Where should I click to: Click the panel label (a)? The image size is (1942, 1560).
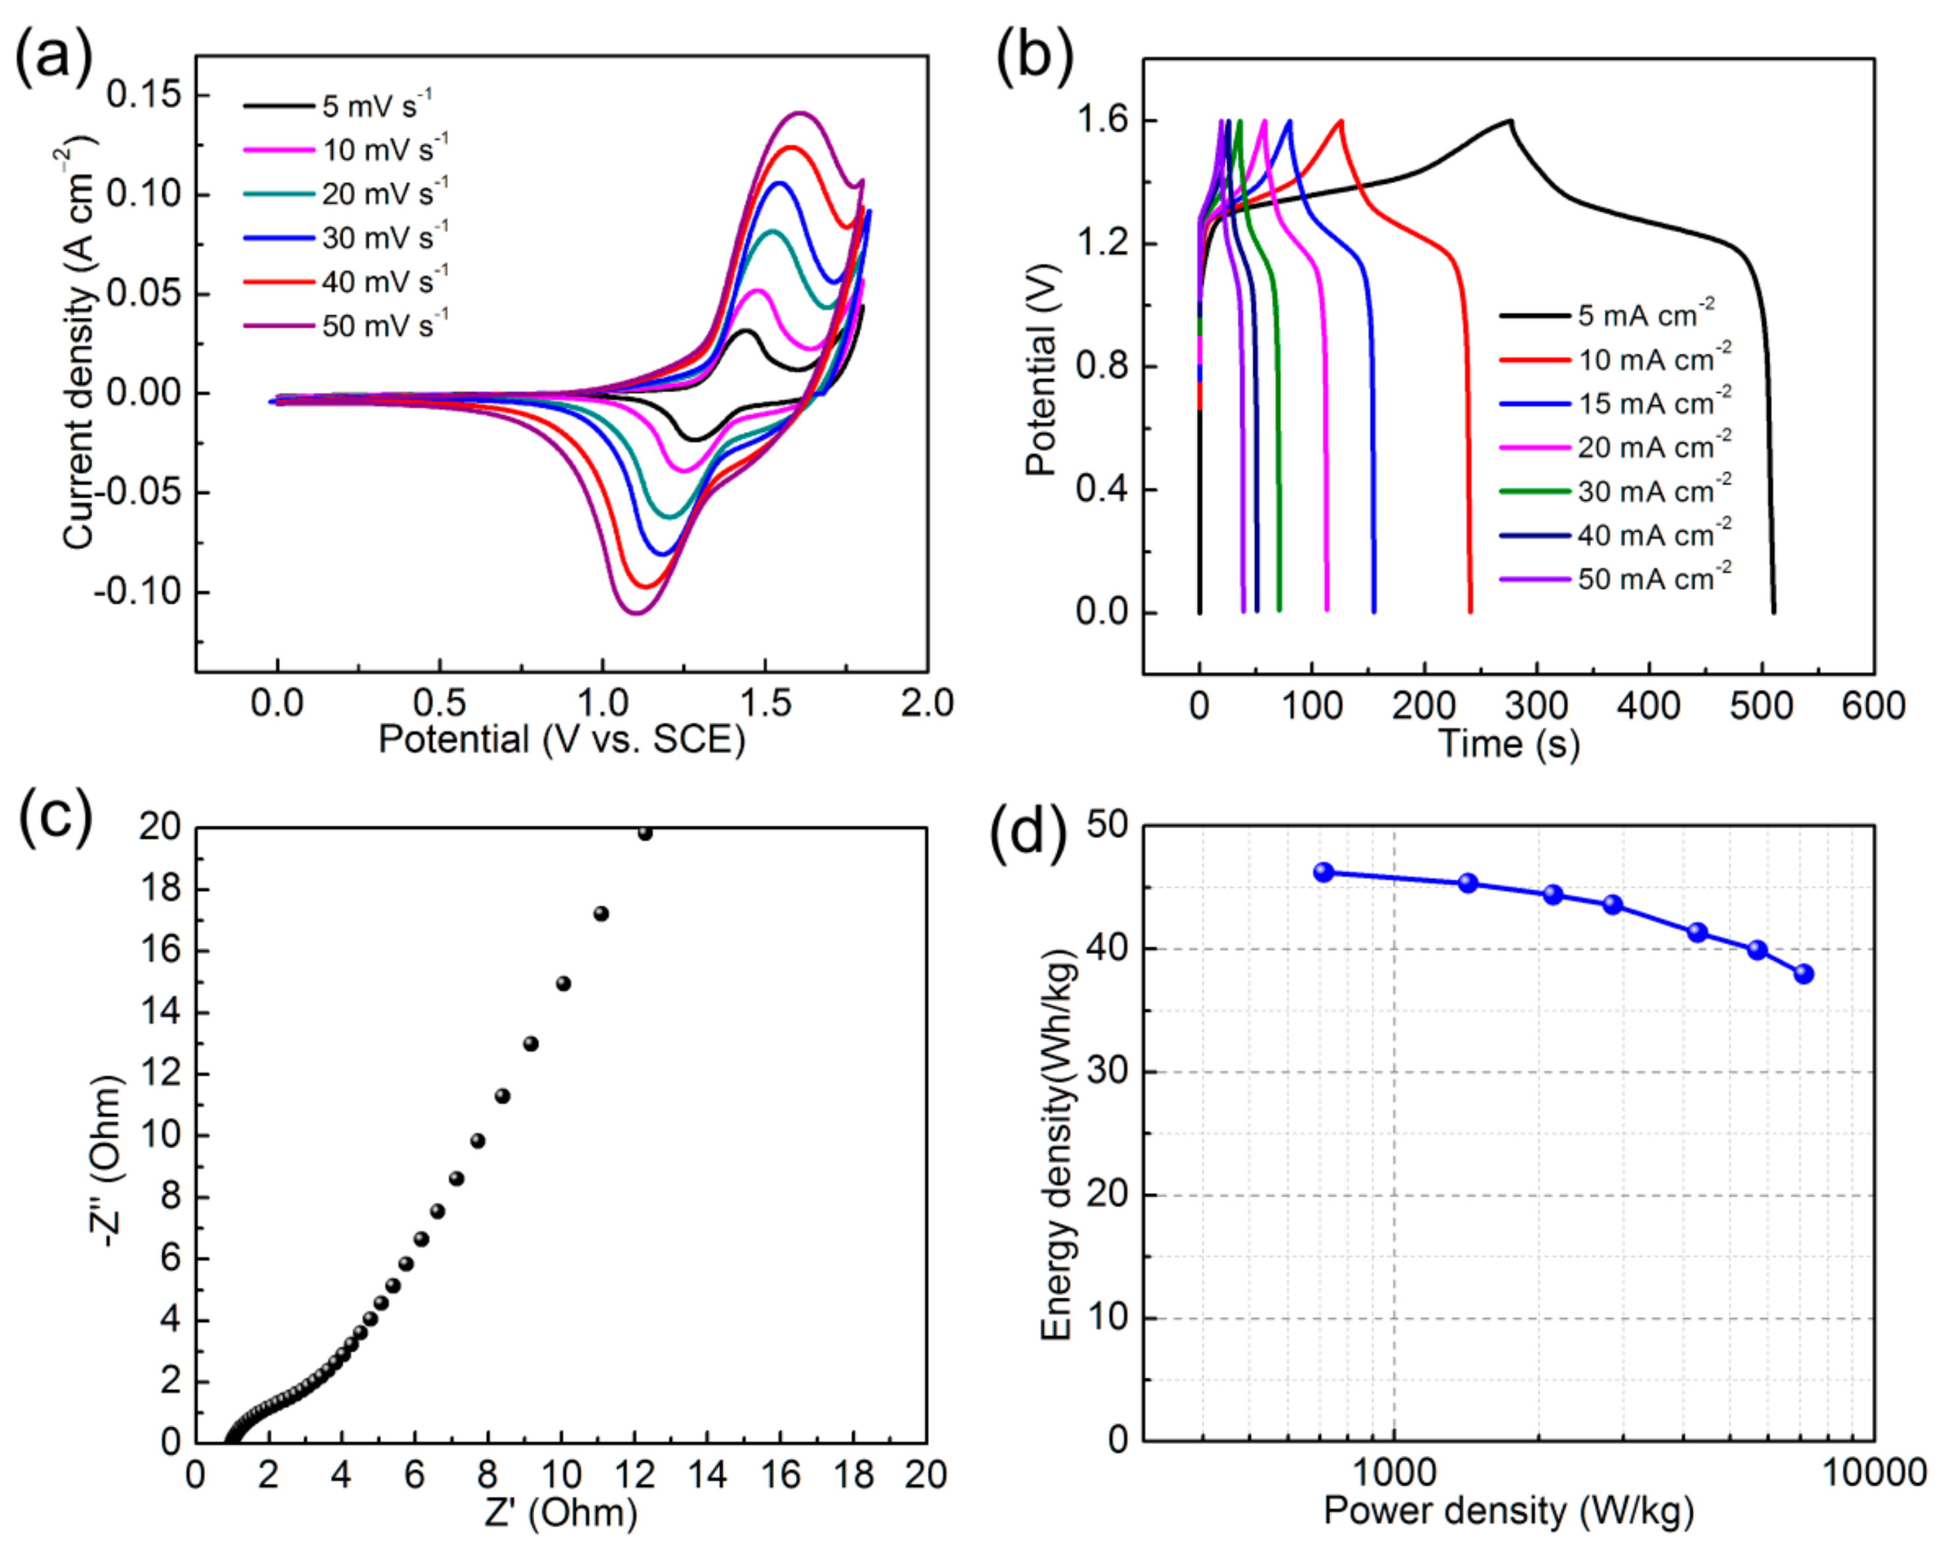pos(54,56)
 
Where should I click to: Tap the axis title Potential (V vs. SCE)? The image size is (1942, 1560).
pos(561,739)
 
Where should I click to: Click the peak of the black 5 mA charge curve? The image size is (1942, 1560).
pos(1510,121)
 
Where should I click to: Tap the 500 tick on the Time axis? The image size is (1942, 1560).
pos(1761,706)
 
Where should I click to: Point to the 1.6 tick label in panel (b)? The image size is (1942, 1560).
pos(1103,120)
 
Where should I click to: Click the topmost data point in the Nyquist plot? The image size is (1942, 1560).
pos(645,833)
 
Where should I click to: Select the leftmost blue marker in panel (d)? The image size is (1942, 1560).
pos(1323,872)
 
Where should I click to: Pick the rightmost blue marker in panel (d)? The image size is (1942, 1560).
pos(1803,974)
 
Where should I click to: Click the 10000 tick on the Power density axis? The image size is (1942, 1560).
pos(1873,1474)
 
